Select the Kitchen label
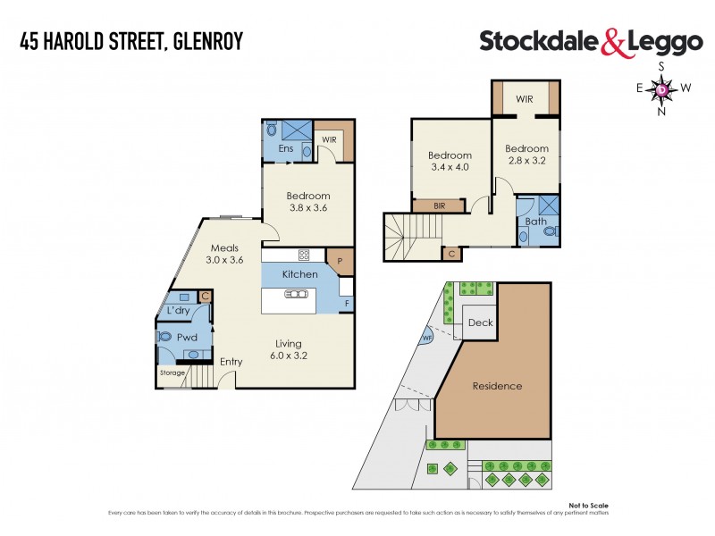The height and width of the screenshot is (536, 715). [299, 273]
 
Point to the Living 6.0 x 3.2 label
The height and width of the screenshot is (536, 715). [289, 349]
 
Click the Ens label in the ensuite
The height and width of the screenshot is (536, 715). [286, 148]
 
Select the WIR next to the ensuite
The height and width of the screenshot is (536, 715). [328, 139]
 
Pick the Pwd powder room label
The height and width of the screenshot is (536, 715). [187, 338]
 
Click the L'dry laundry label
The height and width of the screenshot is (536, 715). [178, 310]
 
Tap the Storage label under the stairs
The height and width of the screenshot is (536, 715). [172, 373]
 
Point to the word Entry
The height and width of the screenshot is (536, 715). [231, 362]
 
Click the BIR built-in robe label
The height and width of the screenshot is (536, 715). [439, 205]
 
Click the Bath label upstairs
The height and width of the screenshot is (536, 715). [536, 221]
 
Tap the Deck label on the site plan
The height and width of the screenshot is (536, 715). [480, 323]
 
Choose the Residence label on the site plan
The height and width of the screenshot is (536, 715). [497, 386]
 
